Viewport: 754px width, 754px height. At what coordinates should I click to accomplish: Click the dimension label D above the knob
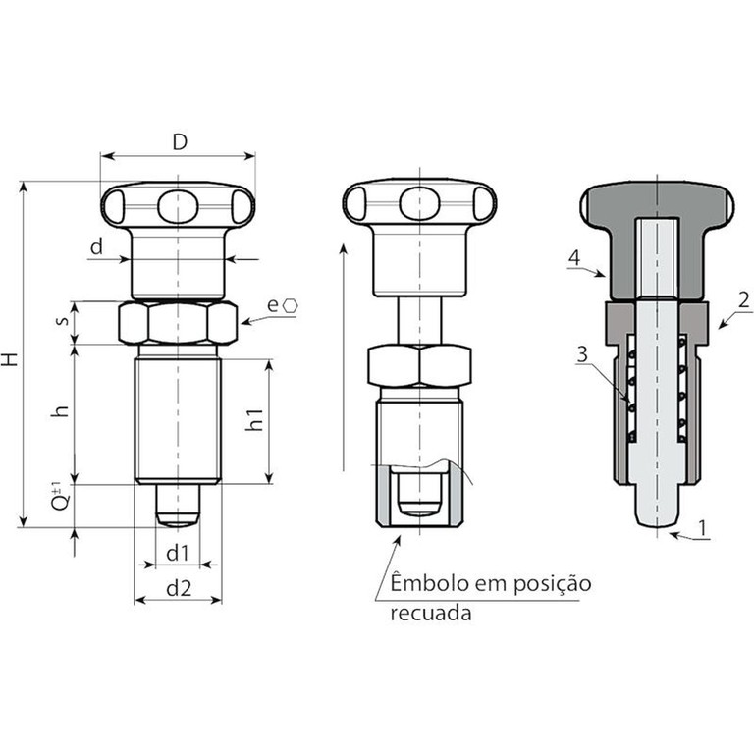180,142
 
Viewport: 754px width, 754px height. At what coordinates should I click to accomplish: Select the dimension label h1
254,419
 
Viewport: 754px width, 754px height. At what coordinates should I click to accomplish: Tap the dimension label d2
179,588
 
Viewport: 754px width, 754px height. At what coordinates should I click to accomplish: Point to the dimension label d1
177,554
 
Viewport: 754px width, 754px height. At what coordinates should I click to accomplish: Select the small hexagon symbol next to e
290,306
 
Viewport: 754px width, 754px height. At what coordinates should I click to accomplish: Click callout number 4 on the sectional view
574,258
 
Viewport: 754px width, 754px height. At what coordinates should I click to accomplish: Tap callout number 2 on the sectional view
743,300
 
